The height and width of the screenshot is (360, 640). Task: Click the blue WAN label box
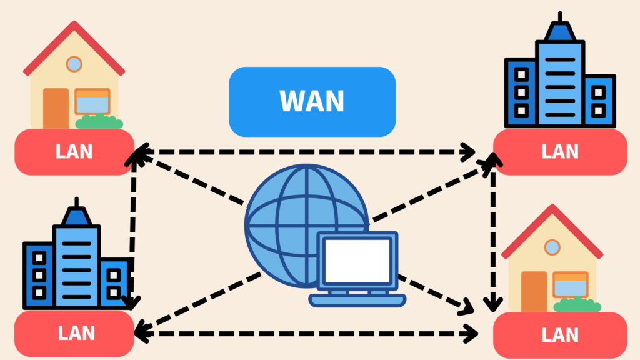coord(312,102)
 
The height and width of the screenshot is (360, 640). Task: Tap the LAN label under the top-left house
coord(74,152)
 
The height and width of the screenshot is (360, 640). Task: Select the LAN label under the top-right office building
coord(560,152)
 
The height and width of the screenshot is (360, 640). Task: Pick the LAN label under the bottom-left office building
coord(74,332)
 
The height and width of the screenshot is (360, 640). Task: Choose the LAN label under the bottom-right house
coord(560,334)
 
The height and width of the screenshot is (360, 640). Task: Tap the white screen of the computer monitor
coord(357,260)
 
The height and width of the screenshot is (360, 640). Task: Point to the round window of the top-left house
coord(74,63)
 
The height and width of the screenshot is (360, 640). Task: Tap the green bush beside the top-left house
coord(99,121)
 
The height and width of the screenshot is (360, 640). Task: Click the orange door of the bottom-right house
coord(534,291)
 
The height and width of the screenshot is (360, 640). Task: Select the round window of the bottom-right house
coord(552,247)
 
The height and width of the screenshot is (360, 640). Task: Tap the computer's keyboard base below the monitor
coord(357,301)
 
